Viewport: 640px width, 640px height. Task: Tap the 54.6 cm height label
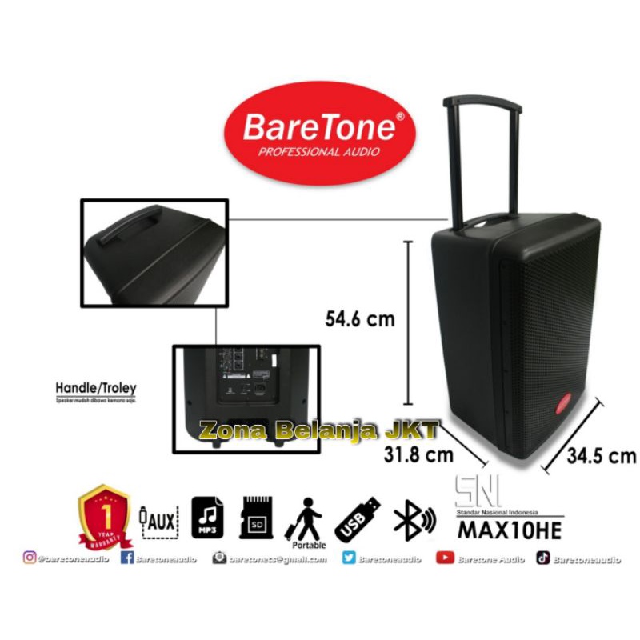[358, 319]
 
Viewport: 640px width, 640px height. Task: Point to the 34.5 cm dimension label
[601, 457]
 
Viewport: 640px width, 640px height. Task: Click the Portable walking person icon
[307, 518]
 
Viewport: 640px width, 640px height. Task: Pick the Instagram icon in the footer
[30, 559]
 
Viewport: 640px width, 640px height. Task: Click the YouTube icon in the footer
[445, 559]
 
